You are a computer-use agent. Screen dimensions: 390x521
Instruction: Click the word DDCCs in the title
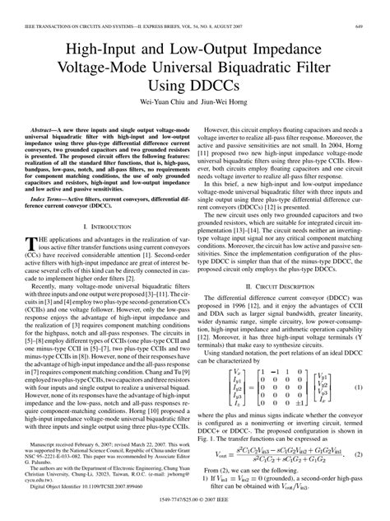pos(222,85)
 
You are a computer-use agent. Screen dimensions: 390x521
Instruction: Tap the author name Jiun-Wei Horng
pos(227,104)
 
